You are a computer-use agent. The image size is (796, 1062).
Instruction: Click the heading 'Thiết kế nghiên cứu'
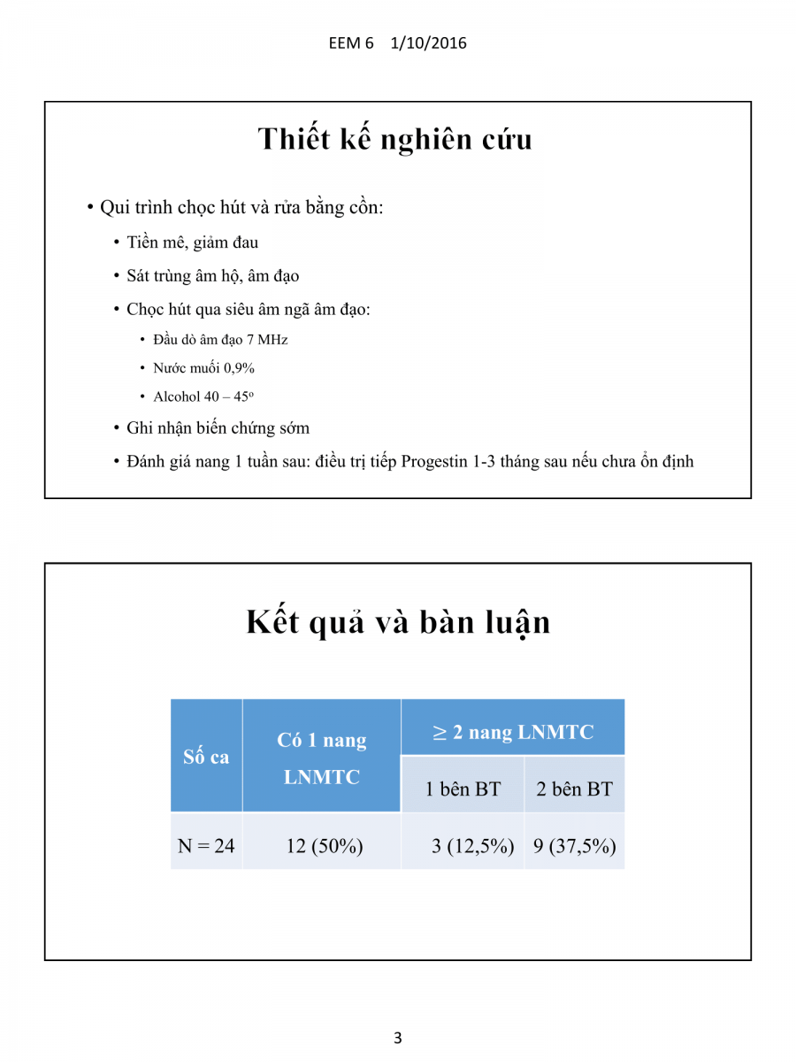point(394,139)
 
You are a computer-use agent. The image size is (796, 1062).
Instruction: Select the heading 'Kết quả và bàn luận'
point(398,622)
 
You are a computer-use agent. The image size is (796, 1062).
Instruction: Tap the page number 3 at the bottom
point(398,1038)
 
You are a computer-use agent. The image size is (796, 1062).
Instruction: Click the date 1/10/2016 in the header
point(428,42)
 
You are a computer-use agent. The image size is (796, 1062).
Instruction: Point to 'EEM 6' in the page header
point(351,42)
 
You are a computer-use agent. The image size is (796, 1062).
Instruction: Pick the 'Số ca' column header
point(206,757)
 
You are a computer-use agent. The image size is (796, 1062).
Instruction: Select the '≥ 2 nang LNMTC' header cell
point(513,732)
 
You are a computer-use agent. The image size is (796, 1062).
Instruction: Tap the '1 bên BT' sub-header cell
point(463,789)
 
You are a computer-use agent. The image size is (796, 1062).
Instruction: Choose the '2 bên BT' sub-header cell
point(574,789)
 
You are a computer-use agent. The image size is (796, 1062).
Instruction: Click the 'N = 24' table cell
point(206,845)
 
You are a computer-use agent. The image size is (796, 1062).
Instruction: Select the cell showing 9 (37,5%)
point(574,845)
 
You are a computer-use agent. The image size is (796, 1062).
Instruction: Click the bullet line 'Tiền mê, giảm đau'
point(192,242)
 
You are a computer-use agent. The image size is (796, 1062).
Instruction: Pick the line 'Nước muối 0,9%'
point(203,368)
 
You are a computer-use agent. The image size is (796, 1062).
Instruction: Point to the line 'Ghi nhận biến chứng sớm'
point(218,427)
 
